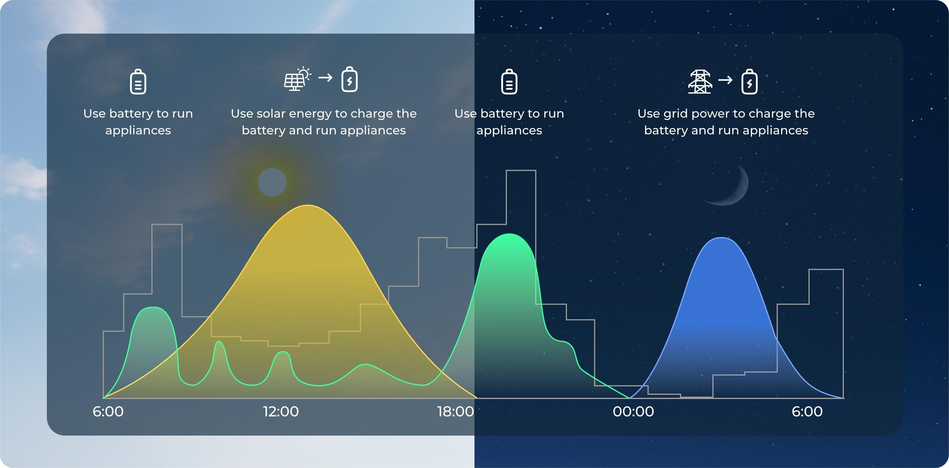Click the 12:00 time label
281,411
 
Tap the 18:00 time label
455,411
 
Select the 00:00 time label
633,411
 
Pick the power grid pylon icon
700,82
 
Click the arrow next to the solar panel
325,78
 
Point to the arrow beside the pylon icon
725,80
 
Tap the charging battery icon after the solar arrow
350,79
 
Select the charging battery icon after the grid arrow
749,81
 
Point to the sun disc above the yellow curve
272,182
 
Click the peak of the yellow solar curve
308,205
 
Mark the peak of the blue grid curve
721,238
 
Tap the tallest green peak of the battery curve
509,234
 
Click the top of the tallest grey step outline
521,170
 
